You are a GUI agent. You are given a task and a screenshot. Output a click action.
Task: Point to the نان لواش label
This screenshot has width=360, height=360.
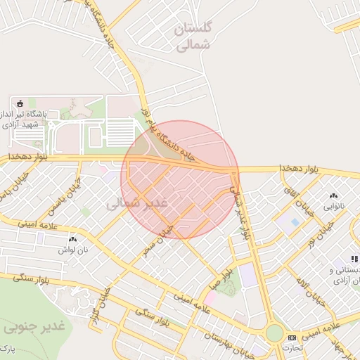tap(72, 250)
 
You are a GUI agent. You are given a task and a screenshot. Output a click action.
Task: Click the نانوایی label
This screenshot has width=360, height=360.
tap(333, 207)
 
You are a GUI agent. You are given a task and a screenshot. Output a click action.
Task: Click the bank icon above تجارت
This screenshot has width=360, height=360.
tap(292, 338)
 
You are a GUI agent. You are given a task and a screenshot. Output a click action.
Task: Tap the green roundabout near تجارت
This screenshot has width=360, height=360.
tap(274, 333)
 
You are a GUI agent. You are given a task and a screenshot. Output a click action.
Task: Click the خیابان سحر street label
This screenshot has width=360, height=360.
tap(158, 240)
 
